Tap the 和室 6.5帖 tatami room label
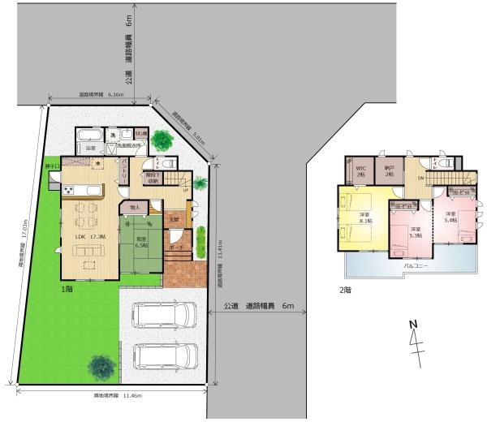click(x=139, y=241)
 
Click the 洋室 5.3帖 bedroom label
click(x=416, y=233)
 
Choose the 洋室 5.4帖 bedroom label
click(x=451, y=217)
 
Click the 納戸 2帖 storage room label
click(x=389, y=171)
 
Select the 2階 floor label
click(x=345, y=290)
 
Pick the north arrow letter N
click(x=412, y=325)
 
